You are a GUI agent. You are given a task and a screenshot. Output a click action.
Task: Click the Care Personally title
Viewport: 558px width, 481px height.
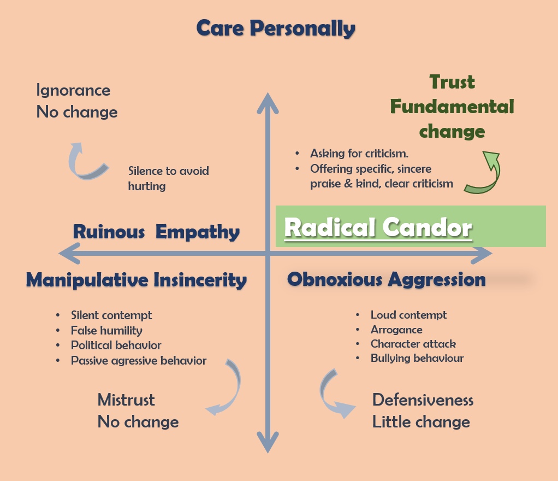click(276, 28)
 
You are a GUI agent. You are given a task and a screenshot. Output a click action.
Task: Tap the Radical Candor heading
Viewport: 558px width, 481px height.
click(378, 227)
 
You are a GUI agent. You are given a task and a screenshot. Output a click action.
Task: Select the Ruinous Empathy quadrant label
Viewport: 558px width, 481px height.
click(156, 232)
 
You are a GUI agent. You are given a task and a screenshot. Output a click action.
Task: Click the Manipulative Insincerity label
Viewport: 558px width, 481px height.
click(136, 280)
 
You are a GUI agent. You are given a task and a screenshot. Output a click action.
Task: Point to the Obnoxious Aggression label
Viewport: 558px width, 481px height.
click(386, 279)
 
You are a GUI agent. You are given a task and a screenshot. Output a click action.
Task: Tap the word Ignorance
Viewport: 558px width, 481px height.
click(73, 90)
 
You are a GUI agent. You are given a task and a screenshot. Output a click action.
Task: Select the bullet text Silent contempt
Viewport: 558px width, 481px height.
click(111, 315)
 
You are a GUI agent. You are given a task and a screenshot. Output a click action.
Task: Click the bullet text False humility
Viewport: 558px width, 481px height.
click(106, 330)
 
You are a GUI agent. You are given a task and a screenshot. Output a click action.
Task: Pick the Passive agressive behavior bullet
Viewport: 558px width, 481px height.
click(139, 361)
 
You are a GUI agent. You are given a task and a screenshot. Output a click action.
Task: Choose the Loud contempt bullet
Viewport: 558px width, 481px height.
click(408, 315)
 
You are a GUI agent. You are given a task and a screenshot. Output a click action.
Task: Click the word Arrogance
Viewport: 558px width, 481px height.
click(396, 330)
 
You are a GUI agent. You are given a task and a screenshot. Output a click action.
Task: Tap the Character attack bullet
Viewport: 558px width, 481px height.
click(413, 344)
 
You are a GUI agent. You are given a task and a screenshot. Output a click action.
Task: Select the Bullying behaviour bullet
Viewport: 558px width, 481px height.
click(417, 359)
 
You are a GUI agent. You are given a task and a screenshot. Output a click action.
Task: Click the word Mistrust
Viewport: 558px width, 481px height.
click(126, 400)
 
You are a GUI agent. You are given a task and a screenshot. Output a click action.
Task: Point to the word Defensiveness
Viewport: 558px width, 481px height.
click(423, 400)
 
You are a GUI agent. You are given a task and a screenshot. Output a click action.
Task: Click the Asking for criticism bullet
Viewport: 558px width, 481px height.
click(359, 154)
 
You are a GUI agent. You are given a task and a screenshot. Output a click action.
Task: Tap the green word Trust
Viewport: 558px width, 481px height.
click(452, 82)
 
